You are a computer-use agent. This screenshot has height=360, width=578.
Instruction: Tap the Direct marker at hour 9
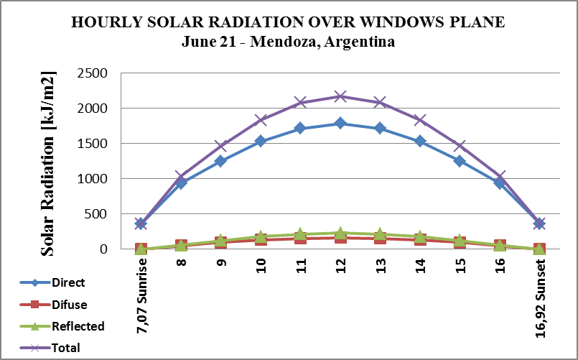pos(220,161)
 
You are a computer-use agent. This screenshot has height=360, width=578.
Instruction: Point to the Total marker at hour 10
pos(261,120)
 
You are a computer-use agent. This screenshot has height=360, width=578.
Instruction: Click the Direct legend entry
pos(69,283)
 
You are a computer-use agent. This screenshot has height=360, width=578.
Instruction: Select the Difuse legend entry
pos(69,305)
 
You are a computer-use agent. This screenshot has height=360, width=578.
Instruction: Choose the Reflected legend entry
pos(78,326)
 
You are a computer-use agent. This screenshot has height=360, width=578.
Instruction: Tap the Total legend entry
pos(65,348)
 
